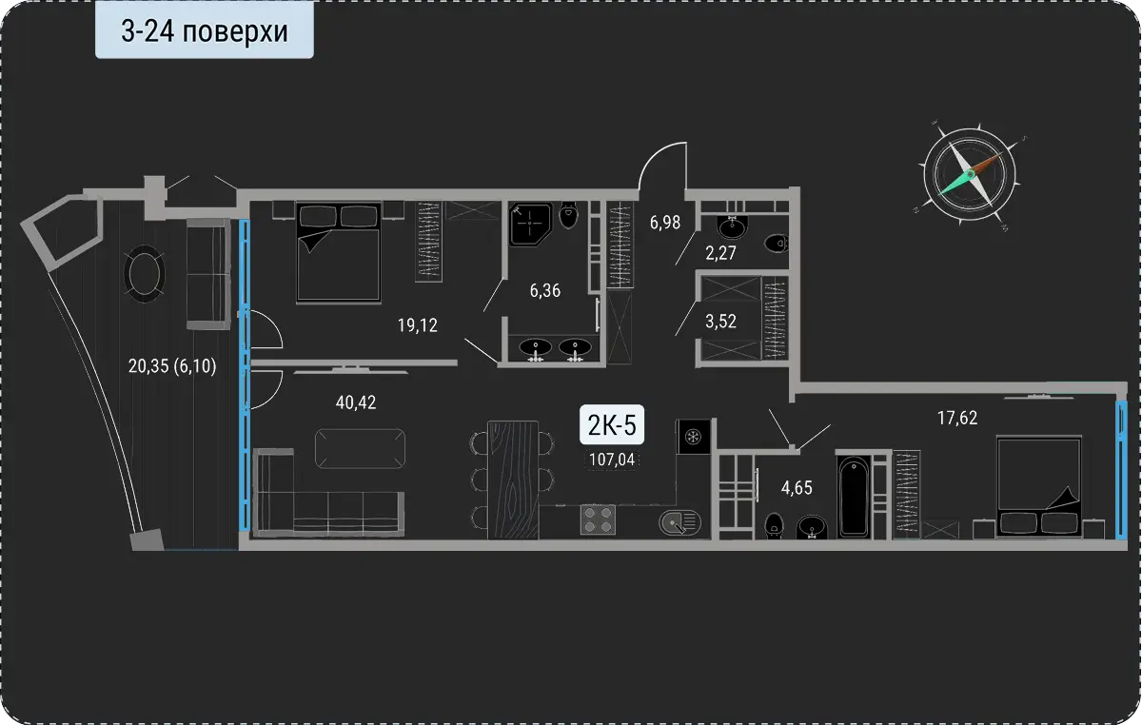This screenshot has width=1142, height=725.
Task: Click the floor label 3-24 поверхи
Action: pyautogui.click(x=205, y=31)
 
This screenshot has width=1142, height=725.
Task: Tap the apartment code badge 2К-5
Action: pyautogui.click(x=612, y=424)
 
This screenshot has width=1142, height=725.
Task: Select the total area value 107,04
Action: pyautogui.click(x=612, y=460)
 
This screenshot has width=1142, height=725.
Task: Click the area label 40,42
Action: pyautogui.click(x=356, y=402)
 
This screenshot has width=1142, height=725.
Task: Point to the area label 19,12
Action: pyautogui.click(x=418, y=325)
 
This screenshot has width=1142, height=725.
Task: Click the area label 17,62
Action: pyautogui.click(x=957, y=418)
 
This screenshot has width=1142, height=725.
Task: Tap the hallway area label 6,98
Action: pyautogui.click(x=665, y=223)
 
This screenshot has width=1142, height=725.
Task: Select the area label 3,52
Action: pyautogui.click(x=720, y=322)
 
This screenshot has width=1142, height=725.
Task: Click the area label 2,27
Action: pyautogui.click(x=720, y=253)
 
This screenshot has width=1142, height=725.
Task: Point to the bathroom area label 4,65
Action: pyautogui.click(x=797, y=488)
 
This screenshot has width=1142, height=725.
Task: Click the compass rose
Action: pyautogui.click(x=970, y=174)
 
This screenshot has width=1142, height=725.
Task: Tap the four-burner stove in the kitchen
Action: pyautogui.click(x=598, y=519)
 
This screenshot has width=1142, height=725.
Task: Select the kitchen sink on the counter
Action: pyautogui.click(x=679, y=522)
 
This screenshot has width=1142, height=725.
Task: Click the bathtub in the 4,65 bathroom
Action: pyautogui.click(x=854, y=497)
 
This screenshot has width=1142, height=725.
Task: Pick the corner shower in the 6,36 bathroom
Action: pyautogui.click(x=530, y=225)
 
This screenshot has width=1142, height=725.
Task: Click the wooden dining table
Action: pyautogui.click(x=513, y=480)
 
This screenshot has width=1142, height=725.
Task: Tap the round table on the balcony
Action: pyautogui.click(x=145, y=274)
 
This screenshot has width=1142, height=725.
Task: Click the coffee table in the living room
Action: pyautogui.click(x=360, y=449)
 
